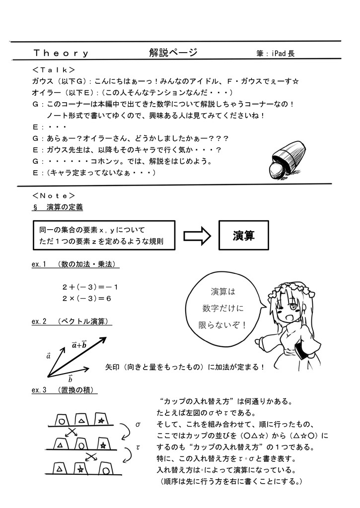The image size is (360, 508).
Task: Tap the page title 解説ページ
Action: pos(173,53)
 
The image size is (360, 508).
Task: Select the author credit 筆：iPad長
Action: pos(276,54)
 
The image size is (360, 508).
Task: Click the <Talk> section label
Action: pos(53,70)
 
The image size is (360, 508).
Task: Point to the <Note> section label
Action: pos(54,195)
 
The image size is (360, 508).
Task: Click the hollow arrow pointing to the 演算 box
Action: pos(197,236)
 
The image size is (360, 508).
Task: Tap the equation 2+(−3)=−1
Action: pos(90,287)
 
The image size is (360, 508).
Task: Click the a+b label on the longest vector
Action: pos(79,345)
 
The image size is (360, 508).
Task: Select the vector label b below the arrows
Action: pos(71,380)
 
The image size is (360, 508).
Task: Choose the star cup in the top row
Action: pos(101,420)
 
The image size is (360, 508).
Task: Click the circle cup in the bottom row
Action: pos(106,467)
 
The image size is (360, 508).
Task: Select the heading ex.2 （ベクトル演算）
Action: pos(71,322)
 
